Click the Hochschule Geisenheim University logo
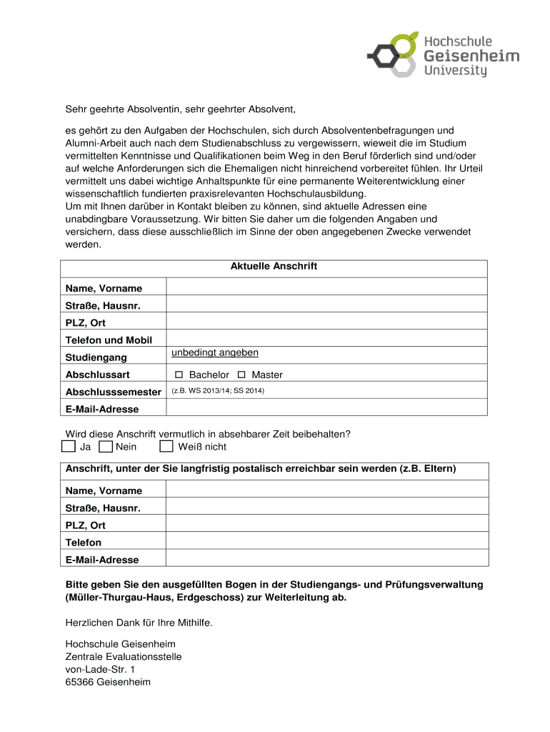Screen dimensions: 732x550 443,54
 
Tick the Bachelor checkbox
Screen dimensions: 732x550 179,375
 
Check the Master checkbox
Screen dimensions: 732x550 241,375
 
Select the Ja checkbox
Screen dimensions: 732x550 68,447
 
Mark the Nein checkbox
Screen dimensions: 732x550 106,447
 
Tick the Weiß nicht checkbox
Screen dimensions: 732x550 166,447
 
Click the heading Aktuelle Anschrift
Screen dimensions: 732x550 274,267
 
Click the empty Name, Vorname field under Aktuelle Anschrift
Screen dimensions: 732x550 326,287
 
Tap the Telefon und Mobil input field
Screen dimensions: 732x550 326,340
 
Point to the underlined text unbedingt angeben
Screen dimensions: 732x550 215,353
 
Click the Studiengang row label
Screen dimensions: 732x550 96,357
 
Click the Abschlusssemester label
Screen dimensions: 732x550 113,392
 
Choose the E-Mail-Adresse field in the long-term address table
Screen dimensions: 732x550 326,559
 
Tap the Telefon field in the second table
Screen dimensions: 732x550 326,542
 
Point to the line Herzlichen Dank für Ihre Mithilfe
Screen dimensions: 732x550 139,623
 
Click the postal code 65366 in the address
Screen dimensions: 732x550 79,682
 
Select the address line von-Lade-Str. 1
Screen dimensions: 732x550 100,669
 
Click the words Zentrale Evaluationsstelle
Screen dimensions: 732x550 124,656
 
